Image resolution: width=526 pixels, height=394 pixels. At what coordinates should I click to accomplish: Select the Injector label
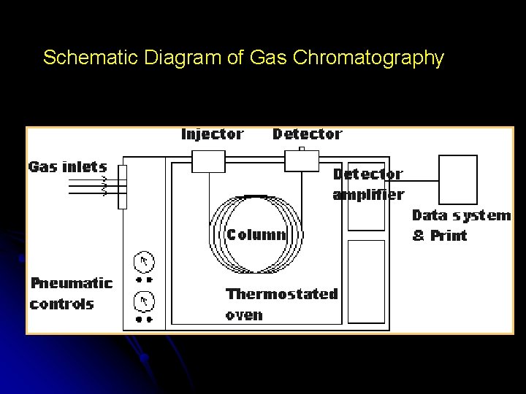(x=212, y=134)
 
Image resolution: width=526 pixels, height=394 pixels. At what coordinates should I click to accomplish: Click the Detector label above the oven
(x=307, y=134)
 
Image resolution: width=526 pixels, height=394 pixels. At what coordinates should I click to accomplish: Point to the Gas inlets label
(x=67, y=166)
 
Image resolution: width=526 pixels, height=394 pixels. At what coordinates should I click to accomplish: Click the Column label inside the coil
(x=256, y=235)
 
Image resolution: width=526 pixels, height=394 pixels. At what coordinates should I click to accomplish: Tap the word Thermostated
(x=282, y=295)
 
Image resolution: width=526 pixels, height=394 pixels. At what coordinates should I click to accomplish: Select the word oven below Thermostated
(x=244, y=316)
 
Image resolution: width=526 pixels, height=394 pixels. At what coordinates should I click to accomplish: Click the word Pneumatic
(x=72, y=283)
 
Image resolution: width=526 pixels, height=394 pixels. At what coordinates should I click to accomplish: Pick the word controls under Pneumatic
(x=62, y=304)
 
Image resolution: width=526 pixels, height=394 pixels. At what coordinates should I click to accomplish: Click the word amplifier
(x=368, y=195)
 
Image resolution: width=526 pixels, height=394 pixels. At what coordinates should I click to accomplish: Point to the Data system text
(x=462, y=216)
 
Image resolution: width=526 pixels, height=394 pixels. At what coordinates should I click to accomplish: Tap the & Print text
(x=440, y=236)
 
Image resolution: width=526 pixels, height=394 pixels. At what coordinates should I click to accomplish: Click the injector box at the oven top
(x=208, y=161)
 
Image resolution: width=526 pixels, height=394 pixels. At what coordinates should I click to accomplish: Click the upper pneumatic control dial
(x=144, y=261)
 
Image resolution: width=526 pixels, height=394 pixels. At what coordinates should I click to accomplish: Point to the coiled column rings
(x=256, y=212)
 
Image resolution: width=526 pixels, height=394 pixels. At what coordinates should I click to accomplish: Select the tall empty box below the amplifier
(x=366, y=281)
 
